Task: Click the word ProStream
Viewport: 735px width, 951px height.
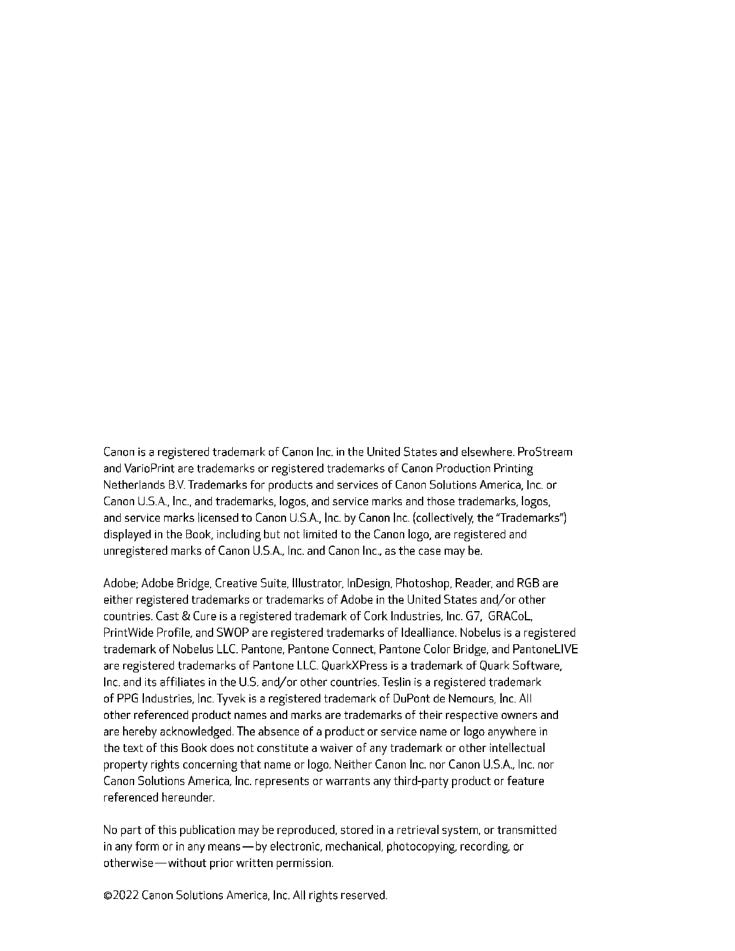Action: point(545,453)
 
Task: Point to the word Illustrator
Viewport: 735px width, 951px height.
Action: point(317,584)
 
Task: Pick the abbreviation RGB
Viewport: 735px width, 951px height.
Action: point(527,584)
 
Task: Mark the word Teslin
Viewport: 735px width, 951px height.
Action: point(398,683)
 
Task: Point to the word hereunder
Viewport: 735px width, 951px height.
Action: point(188,798)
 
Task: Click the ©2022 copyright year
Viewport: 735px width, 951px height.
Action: point(121,896)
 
